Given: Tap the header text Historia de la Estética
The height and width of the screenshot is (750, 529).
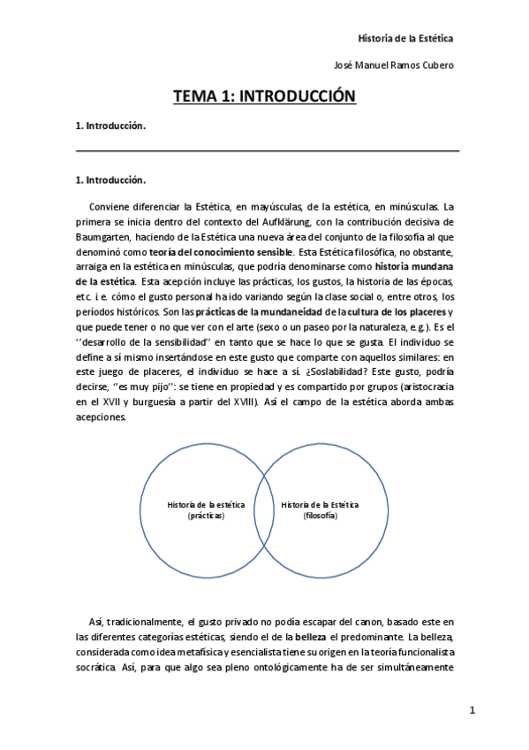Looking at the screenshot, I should (404, 38).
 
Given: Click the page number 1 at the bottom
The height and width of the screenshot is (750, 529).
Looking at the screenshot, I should (472, 710).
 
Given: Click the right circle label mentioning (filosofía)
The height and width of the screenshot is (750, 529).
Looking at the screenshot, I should (320, 509).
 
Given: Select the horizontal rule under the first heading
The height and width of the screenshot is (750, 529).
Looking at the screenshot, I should (268, 151).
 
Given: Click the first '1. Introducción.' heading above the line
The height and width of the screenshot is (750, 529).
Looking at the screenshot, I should (110, 126).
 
